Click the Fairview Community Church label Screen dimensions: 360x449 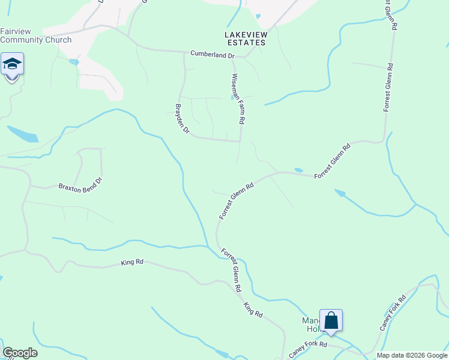[x=35, y=35]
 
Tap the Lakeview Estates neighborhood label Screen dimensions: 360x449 [x=245, y=38]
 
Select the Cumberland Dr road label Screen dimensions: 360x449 [x=212, y=55]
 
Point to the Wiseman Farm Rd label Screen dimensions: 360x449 [x=238, y=99]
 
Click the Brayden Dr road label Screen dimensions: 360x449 [x=182, y=119]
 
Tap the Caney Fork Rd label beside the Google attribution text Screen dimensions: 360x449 [x=308, y=349]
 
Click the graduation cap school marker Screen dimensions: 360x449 [x=12, y=64]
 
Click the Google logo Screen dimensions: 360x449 [x=20, y=353]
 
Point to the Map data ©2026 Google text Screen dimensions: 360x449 [x=411, y=355]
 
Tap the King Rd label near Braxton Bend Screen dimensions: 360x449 [x=132, y=262]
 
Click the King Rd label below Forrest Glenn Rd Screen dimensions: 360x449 [x=253, y=310]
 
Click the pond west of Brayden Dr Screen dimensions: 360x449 [x=23, y=134]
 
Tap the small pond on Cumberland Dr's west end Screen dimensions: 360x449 [x=74, y=62]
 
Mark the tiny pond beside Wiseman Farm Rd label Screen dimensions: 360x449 [x=232, y=99]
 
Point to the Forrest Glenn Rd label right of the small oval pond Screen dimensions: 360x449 [x=332, y=159]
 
